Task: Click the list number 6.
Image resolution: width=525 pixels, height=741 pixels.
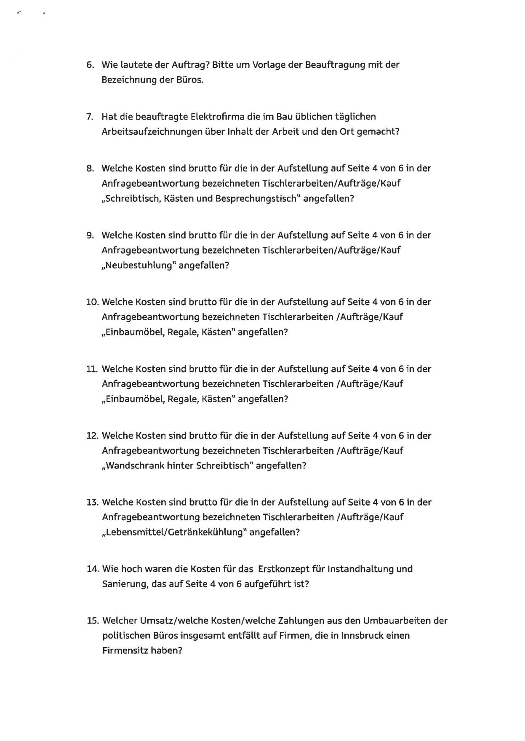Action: [90, 65]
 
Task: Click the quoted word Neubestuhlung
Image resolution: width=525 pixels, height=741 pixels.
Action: [139, 265]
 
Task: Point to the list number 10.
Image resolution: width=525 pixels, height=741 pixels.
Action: [92, 302]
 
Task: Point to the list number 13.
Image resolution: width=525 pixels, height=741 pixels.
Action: [92, 503]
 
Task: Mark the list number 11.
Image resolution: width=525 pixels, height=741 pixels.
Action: [92, 369]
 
